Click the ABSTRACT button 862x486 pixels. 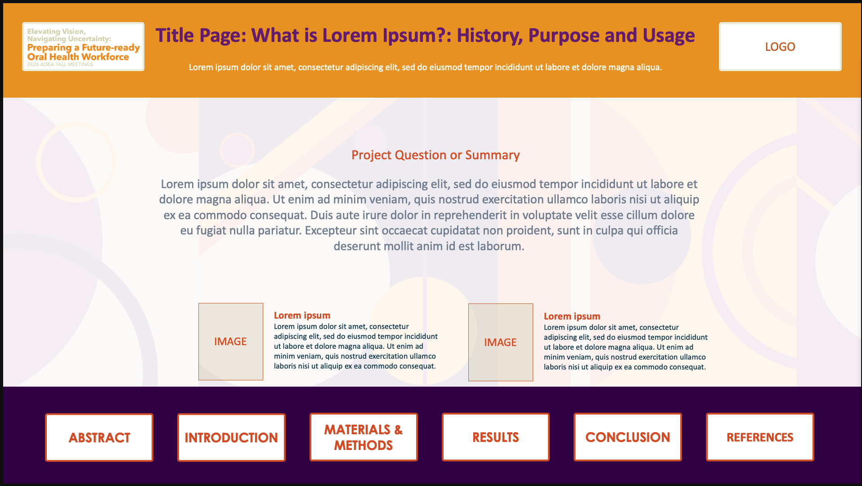99,437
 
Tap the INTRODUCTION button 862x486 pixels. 231,437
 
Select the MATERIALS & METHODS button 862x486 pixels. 364,437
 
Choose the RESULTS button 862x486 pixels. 496,437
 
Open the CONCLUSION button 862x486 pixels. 628,437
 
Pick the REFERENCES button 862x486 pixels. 760,437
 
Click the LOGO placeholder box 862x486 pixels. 780,46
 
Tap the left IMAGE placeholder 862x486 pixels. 231,342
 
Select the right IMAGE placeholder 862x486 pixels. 501,342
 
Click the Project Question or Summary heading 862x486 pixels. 435,155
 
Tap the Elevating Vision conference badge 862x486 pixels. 83,46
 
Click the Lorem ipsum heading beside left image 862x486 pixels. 302,315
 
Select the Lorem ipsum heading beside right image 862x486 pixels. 572,316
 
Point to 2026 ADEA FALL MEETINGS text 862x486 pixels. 60,64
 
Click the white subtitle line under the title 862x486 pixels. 425,67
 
